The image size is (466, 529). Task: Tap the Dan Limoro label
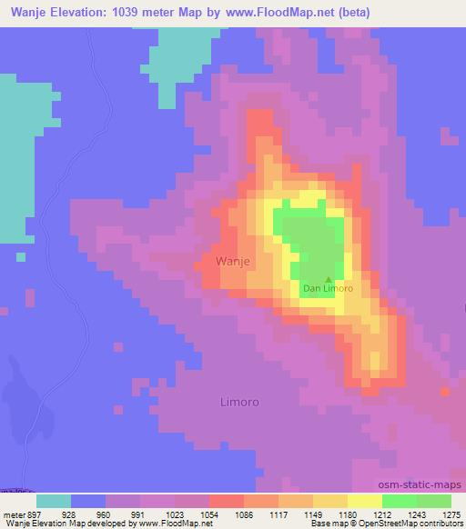click(328, 288)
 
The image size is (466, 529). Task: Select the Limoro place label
click(240, 401)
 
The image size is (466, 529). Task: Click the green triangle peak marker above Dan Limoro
click(329, 279)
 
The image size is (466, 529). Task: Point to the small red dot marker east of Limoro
click(444, 392)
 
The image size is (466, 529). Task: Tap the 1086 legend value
click(241, 514)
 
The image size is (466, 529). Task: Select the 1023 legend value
click(173, 514)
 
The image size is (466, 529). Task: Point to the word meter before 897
click(13, 514)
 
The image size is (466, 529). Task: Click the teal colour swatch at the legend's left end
click(54, 501)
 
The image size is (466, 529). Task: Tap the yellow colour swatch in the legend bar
click(363, 501)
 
